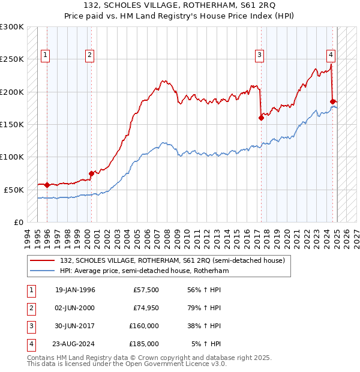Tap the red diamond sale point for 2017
pos(261,118)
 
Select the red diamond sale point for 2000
pos(91,173)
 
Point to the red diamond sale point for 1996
pos(47,185)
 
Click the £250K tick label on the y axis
pos(12,59)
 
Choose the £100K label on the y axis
pos(12,157)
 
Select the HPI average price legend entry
pos(144,271)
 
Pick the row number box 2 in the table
pos(30,308)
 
